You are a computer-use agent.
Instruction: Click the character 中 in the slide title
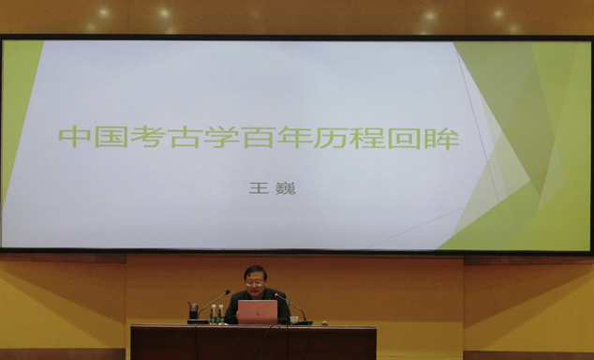point(75,137)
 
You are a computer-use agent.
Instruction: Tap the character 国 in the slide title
point(111,137)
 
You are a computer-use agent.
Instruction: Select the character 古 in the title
point(185,137)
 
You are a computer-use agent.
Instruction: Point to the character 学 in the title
point(221,137)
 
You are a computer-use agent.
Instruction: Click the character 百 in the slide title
point(258,137)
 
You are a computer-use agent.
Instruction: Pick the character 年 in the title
point(294,137)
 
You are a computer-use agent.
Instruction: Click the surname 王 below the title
point(259,187)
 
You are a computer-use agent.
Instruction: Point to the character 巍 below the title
point(287,188)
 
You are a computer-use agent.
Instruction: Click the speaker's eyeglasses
point(254,283)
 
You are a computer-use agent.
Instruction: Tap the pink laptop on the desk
point(258,312)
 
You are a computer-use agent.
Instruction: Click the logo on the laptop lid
point(258,314)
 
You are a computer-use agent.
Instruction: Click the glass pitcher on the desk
point(193,310)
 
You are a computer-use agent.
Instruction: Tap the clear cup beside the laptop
point(294,320)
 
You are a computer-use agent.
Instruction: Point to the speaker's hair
point(255,271)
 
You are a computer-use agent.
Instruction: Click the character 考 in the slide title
point(148,137)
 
